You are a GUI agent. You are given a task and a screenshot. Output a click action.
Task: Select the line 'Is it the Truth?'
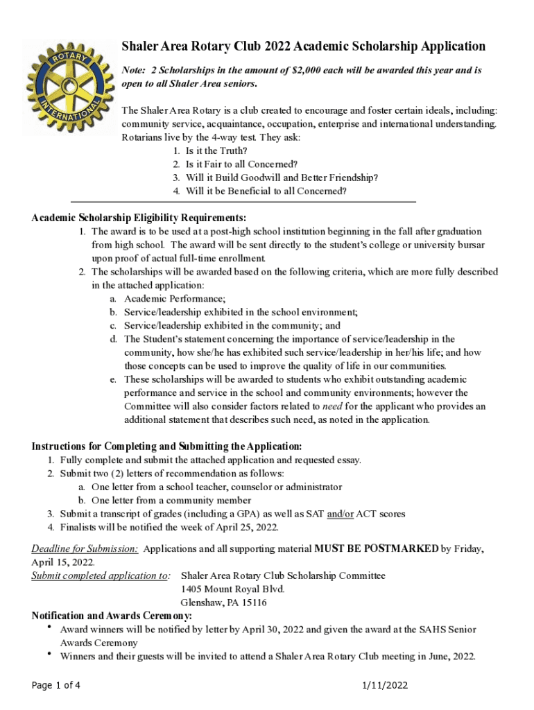point(216,150)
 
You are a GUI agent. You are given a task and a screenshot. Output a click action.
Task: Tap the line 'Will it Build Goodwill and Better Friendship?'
point(282,177)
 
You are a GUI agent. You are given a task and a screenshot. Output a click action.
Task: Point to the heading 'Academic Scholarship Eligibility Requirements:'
point(139,218)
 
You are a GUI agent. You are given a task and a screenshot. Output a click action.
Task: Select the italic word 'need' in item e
point(332,406)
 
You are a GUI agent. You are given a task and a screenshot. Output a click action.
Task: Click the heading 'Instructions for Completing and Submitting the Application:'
point(166,446)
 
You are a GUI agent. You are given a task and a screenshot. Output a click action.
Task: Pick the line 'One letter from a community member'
point(171,501)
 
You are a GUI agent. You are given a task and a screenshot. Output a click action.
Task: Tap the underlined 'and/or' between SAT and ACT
point(341,514)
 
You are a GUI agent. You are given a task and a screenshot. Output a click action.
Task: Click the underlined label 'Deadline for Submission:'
point(85,548)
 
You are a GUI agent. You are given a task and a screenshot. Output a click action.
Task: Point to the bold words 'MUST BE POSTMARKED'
point(376,548)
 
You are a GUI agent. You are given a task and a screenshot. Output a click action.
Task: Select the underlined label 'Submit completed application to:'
point(101,575)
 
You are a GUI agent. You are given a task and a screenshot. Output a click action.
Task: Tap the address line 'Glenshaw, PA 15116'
point(223,603)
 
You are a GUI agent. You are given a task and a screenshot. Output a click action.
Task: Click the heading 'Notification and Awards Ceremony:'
point(112,616)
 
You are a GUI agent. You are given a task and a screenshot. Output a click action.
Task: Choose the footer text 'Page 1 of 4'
point(56,686)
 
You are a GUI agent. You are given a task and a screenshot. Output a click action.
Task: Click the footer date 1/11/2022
point(385,686)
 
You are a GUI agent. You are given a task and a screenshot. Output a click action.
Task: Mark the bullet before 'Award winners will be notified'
point(49,627)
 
